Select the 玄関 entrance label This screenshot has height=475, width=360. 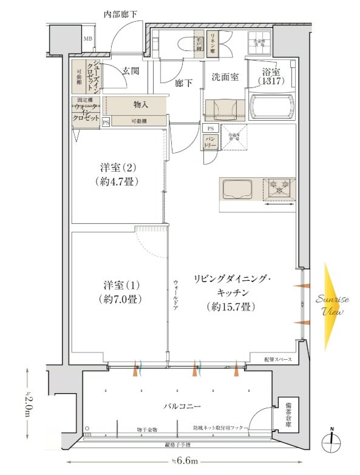(131, 71)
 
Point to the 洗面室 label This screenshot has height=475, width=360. (224, 77)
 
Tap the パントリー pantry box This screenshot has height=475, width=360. (209, 142)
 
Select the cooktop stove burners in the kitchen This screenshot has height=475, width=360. (279, 189)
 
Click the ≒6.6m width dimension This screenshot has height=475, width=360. (186, 461)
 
